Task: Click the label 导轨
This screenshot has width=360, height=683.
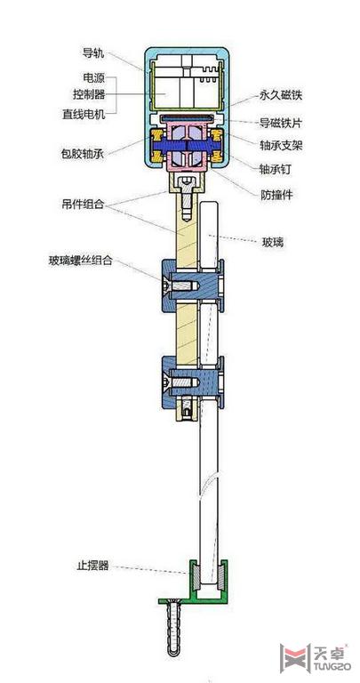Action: (x=92, y=53)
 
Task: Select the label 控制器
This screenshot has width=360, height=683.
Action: (x=88, y=94)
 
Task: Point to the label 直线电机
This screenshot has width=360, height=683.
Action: (x=84, y=115)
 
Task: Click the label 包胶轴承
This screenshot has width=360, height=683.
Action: (x=83, y=154)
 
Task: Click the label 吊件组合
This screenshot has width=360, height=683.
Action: (x=83, y=204)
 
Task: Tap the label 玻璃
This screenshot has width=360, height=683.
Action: (x=273, y=242)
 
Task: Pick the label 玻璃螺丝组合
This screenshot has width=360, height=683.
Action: (x=81, y=261)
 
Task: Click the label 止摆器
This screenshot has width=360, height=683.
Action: (x=90, y=566)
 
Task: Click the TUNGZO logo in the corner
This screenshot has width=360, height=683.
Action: (x=314, y=657)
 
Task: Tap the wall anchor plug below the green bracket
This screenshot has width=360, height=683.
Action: (x=174, y=628)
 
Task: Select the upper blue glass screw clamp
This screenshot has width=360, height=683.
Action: (x=193, y=285)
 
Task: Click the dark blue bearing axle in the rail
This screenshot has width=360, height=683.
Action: (x=187, y=145)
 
